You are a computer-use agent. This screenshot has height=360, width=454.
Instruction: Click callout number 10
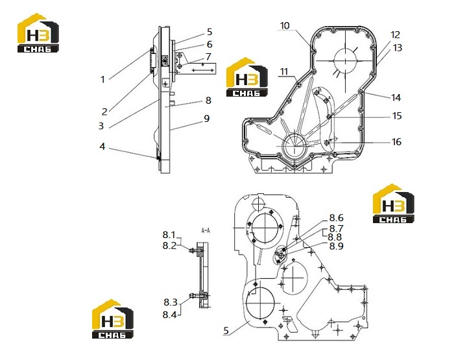(285, 25)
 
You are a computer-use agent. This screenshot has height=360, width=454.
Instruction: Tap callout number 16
(396, 142)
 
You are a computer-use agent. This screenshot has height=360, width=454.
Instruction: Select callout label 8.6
(336, 218)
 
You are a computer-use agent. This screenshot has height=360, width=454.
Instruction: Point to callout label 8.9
(336, 246)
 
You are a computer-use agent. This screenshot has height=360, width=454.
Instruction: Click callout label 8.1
(169, 235)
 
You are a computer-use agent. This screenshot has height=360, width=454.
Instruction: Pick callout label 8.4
(170, 314)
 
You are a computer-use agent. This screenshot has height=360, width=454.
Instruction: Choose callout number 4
(102, 147)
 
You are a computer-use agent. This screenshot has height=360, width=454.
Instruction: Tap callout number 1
(102, 79)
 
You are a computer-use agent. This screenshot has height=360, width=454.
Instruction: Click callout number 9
(206, 119)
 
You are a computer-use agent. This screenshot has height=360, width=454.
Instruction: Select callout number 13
(398, 47)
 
